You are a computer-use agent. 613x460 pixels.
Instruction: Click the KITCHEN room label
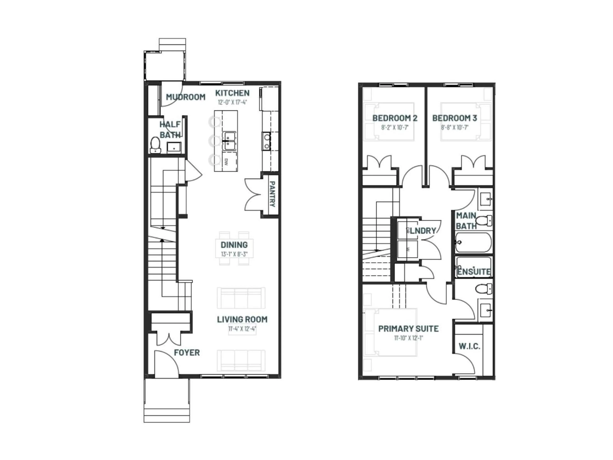[232, 93]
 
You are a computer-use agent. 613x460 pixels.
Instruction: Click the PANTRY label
[272, 194]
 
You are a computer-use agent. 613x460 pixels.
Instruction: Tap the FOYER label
[187, 353]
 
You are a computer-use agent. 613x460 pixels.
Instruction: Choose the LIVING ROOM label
[242, 319]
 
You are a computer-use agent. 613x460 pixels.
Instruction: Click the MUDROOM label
[186, 97]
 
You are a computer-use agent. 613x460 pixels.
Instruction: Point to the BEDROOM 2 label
[395, 118]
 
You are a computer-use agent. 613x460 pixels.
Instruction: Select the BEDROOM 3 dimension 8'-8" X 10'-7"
[454, 128]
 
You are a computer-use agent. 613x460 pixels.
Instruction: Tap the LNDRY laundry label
[423, 231]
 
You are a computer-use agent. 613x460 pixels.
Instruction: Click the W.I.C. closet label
[469, 346]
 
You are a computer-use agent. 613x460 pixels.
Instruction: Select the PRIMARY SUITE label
[408, 329]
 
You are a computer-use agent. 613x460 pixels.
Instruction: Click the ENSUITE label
[474, 272]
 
